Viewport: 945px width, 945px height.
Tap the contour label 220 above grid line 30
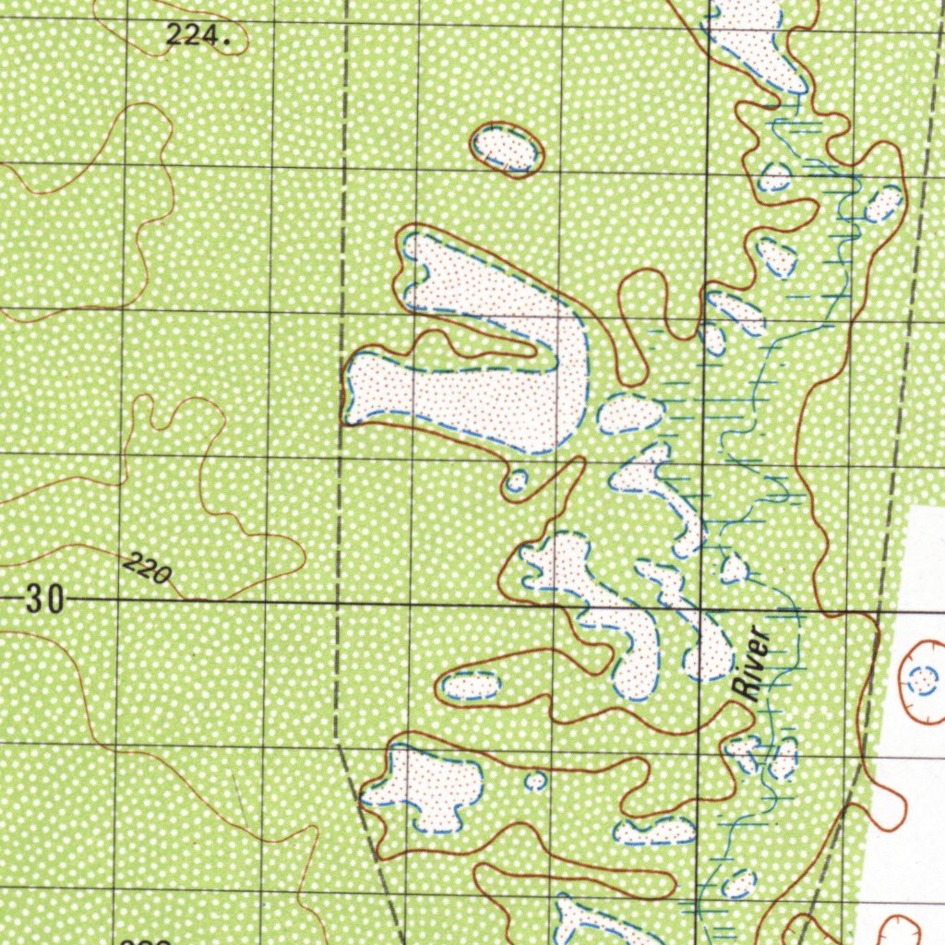click(147, 568)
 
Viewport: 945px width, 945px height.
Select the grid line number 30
click(44, 601)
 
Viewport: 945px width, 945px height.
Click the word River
click(748, 662)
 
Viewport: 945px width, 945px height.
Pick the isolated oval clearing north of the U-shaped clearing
click(507, 150)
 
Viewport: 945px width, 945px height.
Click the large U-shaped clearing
click(480, 369)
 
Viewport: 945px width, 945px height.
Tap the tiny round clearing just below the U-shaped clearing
click(517, 481)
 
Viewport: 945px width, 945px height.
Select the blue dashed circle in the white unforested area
click(923, 681)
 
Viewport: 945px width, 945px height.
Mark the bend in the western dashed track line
click(336, 738)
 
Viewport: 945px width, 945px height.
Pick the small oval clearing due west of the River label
click(471, 686)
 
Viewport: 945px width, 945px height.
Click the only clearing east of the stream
click(883, 203)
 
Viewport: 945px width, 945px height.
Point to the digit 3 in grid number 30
click(35, 601)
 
